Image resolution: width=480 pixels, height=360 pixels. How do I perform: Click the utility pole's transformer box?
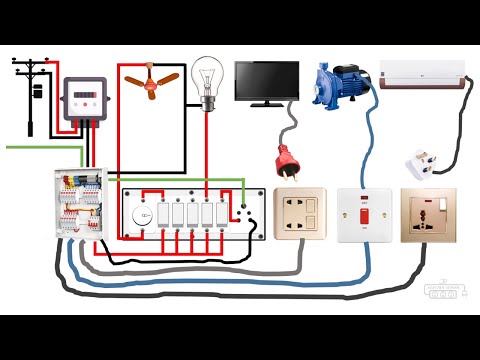point(37,91)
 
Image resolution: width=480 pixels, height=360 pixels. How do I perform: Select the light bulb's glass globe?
point(207,73)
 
